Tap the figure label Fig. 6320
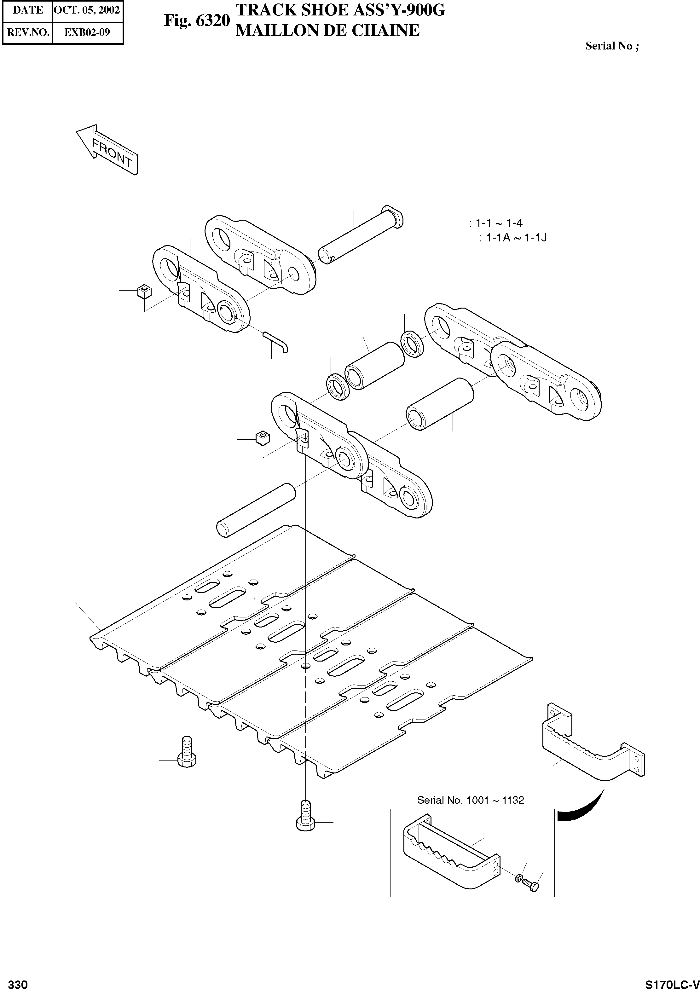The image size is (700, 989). click(197, 20)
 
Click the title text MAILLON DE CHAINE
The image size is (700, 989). click(327, 31)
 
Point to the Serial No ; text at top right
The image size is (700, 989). click(612, 46)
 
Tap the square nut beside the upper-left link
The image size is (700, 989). click(144, 292)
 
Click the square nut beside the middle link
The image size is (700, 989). click(263, 438)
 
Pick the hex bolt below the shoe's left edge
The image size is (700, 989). click(187, 752)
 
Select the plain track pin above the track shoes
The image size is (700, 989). click(256, 510)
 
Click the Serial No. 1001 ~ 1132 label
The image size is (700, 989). click(470, 800)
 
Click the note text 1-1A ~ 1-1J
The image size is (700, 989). click(516, 237)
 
